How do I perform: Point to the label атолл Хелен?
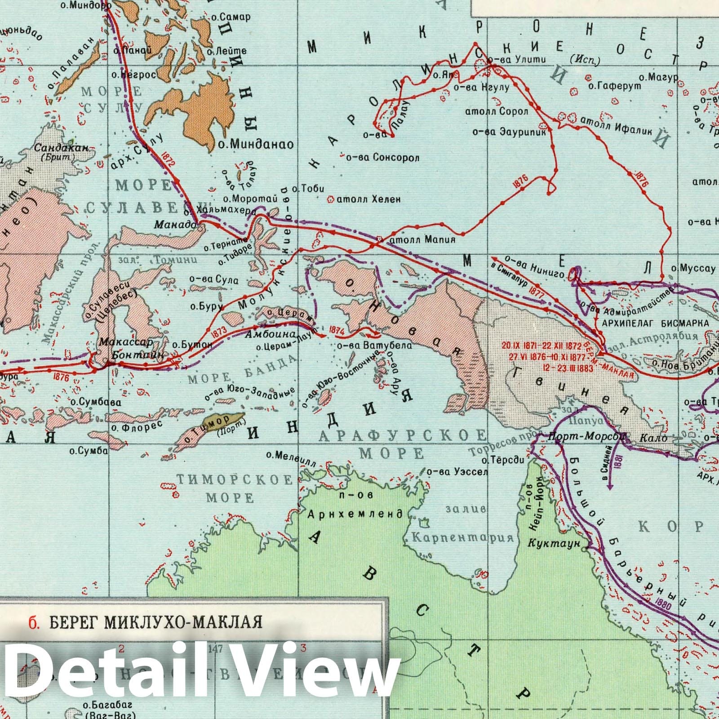[368, 199]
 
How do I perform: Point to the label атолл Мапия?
[423, 240]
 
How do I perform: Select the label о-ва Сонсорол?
[382, 158]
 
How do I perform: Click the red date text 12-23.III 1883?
[545, 367]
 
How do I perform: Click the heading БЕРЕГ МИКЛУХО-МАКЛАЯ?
[155, 623]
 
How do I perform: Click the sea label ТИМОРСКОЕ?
[234, 480]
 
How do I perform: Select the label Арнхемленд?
[355, 514]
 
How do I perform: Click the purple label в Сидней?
[610, 469]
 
